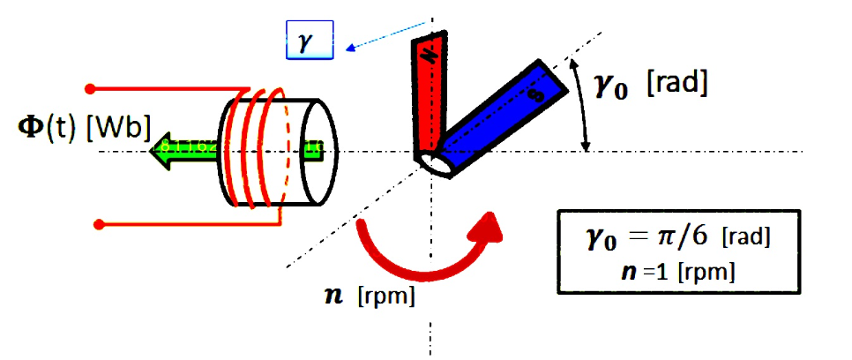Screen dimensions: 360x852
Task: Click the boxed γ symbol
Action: click(x=308, y=43)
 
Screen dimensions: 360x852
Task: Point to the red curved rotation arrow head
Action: click(x=488, y=228)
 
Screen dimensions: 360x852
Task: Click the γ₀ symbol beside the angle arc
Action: click(x=620, y=86)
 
